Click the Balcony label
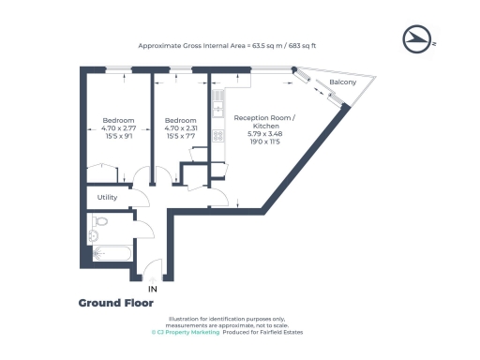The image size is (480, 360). (x=342, y=83)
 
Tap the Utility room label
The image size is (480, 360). (x=107, y=197)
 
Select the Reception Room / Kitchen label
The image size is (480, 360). (x=263, y=120)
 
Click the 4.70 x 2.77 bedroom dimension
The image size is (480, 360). (x=119, y=128)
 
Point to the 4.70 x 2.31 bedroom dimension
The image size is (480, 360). (x=180, y=128)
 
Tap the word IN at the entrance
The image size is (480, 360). (x=153, y=290)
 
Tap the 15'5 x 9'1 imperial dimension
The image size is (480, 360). (x=119, y=137)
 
